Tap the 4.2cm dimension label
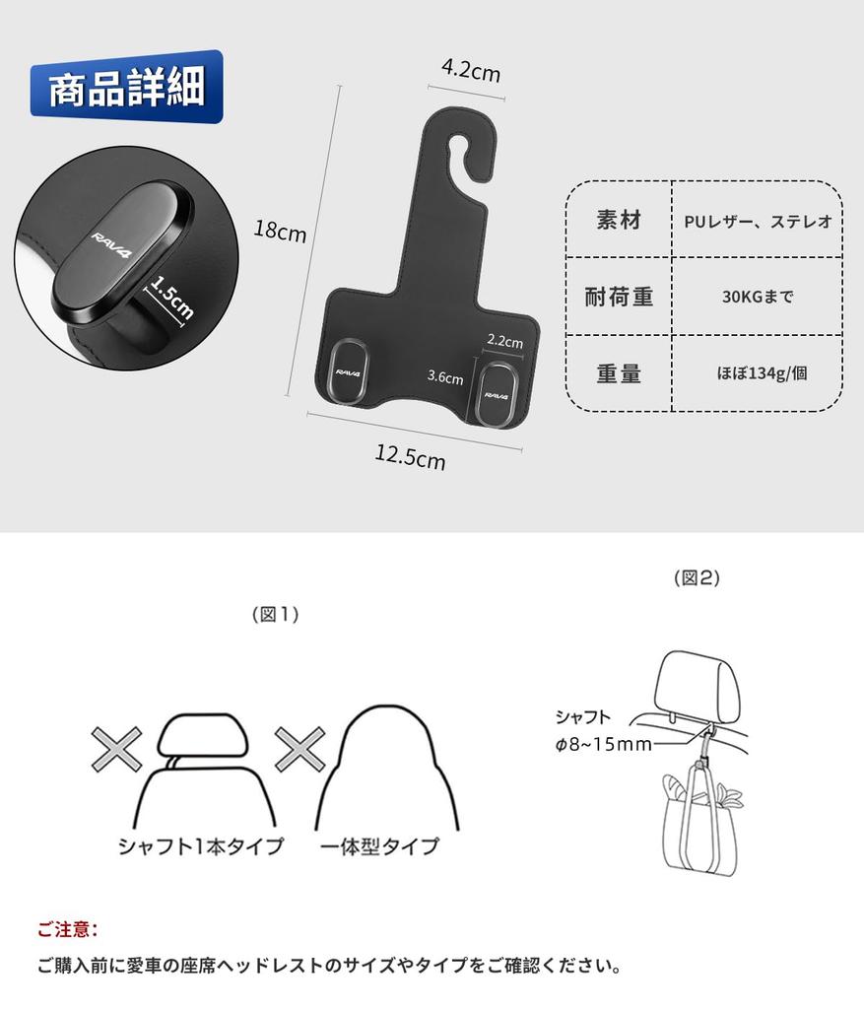point(470,72)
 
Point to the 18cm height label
point(280,232)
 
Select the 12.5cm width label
point(410,456)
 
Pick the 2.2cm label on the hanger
point(504,342)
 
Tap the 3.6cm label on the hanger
point(445,375)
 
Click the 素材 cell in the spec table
point(619,221)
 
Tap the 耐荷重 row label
point(619,297)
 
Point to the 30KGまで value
point(758,297)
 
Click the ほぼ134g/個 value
point(758,374)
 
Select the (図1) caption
point(275,614)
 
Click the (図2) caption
point(696,578)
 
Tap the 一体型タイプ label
point(379,845)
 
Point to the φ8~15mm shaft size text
point(602,744)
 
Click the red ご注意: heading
point(68,928)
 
